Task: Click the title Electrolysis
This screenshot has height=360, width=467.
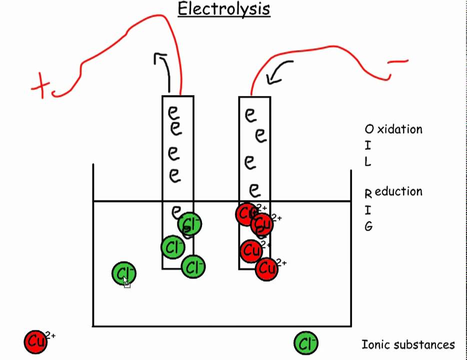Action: (224, 9)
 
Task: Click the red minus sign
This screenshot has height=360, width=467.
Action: (398, 62)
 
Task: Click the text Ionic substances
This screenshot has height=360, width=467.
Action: (408, 344)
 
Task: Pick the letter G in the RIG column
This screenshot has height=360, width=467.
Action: (368, 226)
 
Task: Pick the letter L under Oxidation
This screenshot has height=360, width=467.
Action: (368, 162)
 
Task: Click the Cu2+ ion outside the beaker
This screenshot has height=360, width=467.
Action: (36, 342)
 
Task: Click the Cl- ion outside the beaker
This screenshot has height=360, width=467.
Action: (305, 343)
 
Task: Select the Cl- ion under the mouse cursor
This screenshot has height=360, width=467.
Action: (123, 273)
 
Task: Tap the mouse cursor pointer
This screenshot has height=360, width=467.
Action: (126, 282)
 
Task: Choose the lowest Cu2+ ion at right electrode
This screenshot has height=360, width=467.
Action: (267, 269)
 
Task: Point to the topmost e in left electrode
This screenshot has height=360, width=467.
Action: (173, 111)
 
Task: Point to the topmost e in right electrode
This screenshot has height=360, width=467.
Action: (250, 115)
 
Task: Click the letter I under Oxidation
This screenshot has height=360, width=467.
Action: (368, 145)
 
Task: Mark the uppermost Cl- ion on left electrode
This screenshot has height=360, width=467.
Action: (190, 223)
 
